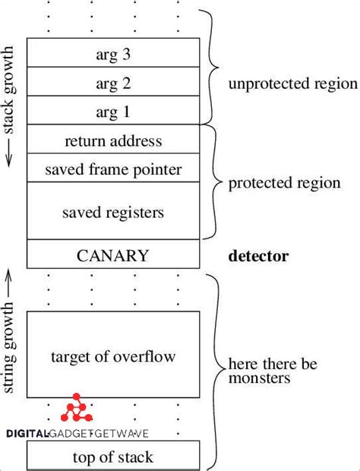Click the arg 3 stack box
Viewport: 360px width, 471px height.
(x=113, y=55)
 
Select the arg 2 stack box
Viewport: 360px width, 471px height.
(x=113, y=84)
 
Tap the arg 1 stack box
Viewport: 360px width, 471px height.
(x=113, y=112)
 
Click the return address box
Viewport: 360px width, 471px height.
(x=113, y=140)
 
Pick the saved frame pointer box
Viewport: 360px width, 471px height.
(x=113, y=168)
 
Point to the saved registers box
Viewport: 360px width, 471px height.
(x=113, y=210)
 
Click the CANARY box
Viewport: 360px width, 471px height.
(x=113, y=254)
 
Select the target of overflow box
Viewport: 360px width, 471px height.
(x=113, y=356)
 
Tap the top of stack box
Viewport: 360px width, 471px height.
(x=113, y=457)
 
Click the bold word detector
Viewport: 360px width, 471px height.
(x=258, y=255)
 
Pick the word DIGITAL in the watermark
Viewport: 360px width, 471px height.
(x=27, y=434)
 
